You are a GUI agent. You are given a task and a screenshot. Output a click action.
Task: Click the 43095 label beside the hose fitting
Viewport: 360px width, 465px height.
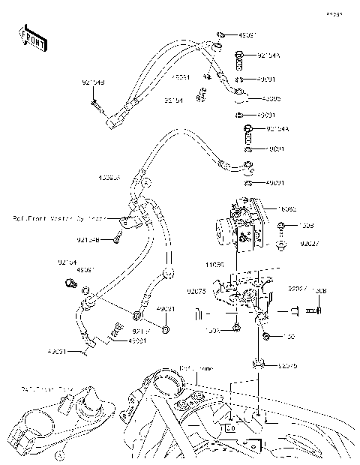pyautogui.click(x=271, y=98)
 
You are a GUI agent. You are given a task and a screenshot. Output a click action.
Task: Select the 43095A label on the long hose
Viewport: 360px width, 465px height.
pyautogui.click(x=109, y=178)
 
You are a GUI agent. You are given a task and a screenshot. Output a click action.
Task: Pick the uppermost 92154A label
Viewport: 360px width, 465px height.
pyautogui.click(x=268, y=55)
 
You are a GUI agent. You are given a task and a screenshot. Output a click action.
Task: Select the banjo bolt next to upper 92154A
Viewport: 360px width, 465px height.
pyautogui.click(x=239, y=55)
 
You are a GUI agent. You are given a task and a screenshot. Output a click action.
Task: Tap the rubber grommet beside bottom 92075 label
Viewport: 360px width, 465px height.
pyautogui.click(x=259, y=364)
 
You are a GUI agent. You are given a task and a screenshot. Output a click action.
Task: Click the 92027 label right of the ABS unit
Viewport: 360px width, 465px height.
pyautogui.click(x=310, y=243)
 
